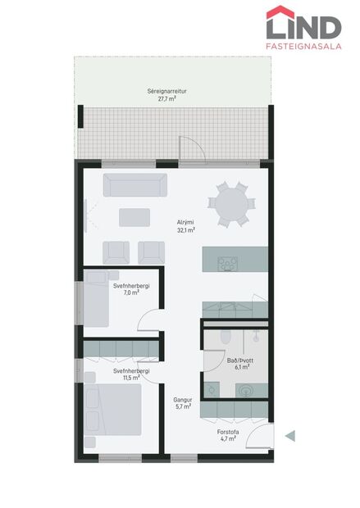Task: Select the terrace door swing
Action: click(x=189, y=151)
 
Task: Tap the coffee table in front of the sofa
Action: click(x=134, y=217)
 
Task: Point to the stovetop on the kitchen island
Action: click(x=227, y=262)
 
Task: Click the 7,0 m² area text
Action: click(x=131, y=293)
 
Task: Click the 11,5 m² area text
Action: click(x=131, y=379)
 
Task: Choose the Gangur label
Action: click(x=182, y=399)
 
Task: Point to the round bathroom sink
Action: click(x=244, y=390)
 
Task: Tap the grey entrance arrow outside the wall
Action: click(x=289, y=436)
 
